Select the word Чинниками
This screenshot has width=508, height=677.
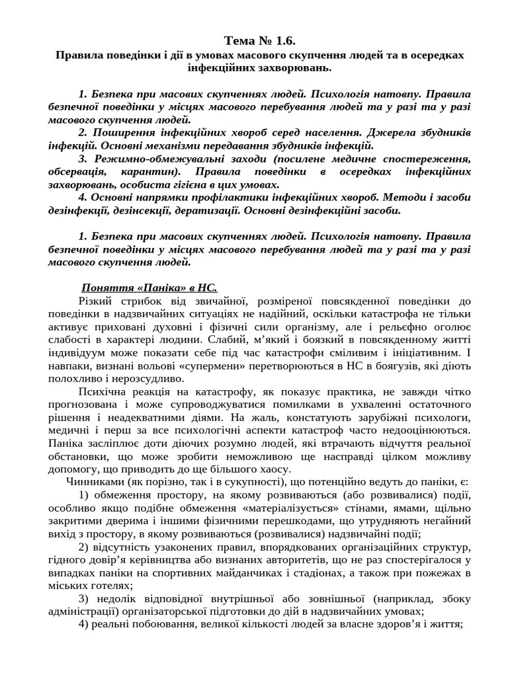pyautogui.click(x=91, y=482)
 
